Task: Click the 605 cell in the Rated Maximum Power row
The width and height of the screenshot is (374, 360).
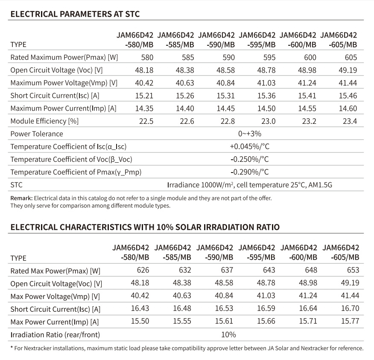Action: pos(351,58)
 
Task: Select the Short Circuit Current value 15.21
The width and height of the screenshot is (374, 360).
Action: pos(144,96)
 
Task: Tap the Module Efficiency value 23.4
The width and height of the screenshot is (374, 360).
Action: pos(350,121)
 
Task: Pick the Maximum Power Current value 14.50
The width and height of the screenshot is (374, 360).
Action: pos(266,108)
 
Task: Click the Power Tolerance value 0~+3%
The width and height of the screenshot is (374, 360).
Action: pos(250,134)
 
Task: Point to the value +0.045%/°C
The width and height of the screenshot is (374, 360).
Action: pos(250,146)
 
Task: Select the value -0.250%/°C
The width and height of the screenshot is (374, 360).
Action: pos(250,159)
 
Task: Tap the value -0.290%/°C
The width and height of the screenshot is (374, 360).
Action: pos(250,172)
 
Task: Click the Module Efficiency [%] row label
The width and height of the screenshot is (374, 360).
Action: pos(44,121)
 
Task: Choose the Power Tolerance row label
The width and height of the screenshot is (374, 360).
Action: pos(37,134)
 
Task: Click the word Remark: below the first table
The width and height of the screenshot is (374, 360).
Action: pos(21,198)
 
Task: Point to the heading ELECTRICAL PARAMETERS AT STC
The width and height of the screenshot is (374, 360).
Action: pos(75,14)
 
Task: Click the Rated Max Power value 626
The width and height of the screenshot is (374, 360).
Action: pos(143,270)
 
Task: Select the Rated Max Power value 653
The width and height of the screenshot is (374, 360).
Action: pos(353,270)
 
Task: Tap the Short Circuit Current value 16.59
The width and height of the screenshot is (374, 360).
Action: pos(266,308)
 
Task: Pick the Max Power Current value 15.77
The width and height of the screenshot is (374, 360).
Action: pos(350,321)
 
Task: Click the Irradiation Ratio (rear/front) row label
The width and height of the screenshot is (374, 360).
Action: pos(55,335)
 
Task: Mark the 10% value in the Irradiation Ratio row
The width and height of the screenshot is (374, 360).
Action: pos(228,335)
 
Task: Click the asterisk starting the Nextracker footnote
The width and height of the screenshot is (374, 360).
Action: pos(12,348)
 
